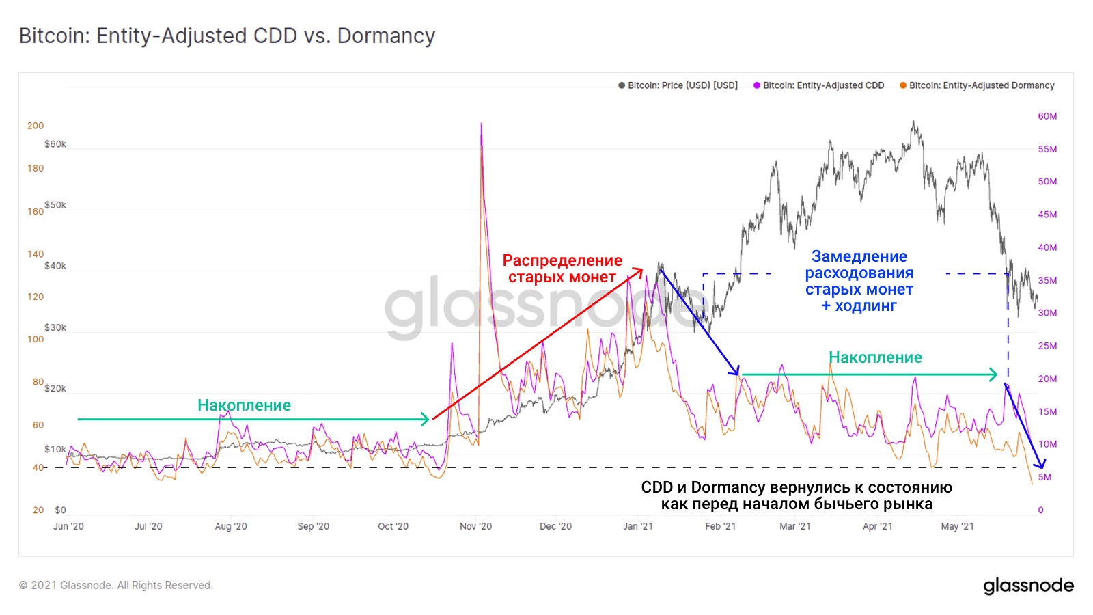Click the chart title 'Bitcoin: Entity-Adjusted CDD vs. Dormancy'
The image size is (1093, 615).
tap(227, 36)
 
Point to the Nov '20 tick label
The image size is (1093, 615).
tap(475, 526)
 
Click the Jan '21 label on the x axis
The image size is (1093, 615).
tap(638, 526)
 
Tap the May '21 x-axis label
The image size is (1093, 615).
tap(957, 526)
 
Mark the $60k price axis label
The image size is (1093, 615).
tap(55, 144)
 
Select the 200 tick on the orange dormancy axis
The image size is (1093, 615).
tap(36, 126)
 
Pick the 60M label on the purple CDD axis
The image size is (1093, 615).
tap(1047, 116)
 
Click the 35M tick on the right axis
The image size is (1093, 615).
tap(1047, 280)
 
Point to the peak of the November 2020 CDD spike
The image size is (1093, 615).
tap(481, 124)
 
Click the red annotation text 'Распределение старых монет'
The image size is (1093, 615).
tap(562, 269)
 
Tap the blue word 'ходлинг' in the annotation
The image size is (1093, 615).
tap(866, 305)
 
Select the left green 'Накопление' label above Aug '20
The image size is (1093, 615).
tap(244, 405)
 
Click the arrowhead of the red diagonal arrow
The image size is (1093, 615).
tap(641, 270)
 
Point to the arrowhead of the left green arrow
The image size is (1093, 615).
tap(427, 419)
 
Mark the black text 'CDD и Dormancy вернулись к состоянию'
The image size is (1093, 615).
tap(797, 487)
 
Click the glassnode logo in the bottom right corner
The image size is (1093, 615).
tap(1028, 586)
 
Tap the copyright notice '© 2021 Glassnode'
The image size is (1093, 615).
tap(116, 585)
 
